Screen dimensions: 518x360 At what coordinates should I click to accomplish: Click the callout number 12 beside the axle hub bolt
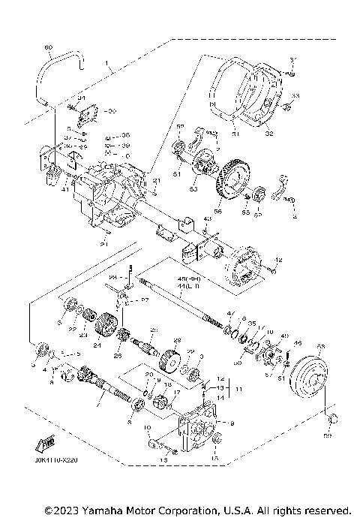[278, 260]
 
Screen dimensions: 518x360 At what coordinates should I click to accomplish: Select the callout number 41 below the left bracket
[45, 190]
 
